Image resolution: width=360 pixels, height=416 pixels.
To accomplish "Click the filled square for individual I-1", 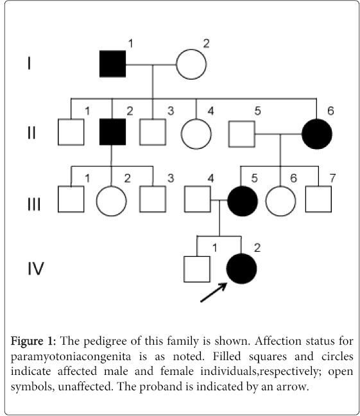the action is pos(112,64).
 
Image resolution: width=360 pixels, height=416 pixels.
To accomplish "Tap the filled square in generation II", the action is pos(112,132).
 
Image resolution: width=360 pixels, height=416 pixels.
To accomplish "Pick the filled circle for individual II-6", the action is pos(317,134).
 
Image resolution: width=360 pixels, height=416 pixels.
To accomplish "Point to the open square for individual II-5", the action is pos(242,134).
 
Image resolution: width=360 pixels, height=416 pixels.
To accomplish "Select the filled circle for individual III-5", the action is pos(242,201).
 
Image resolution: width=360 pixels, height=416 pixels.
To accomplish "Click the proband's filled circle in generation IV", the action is pos(241,269).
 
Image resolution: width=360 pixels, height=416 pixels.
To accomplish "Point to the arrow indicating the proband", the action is pos(214,292).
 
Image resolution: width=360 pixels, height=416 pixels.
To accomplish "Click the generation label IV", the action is pos(36,268).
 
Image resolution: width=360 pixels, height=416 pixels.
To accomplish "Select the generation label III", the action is pos(34,204).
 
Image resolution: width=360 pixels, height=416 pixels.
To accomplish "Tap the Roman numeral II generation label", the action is pos(31,133).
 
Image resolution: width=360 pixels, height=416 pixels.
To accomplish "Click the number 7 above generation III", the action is pos(332,178).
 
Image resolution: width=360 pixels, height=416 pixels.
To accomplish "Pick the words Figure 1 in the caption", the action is pos(33,342).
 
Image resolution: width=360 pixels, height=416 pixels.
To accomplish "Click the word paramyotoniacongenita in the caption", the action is pos(71,357).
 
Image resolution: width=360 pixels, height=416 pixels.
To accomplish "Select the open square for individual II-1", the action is pos(71,132).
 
